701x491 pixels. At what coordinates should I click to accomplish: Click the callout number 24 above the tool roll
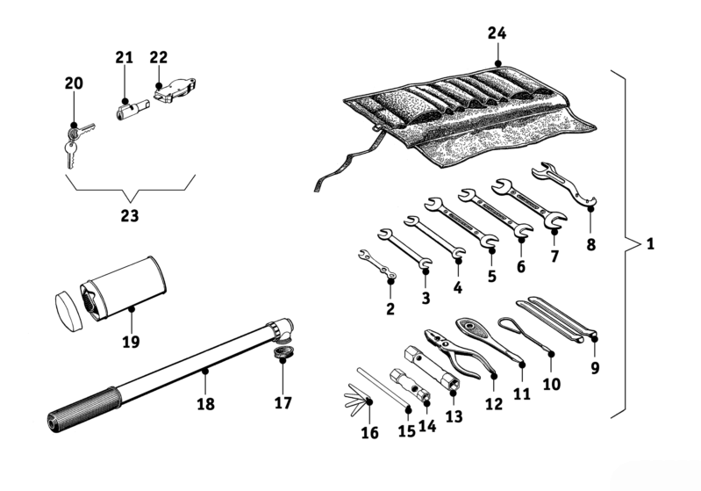497,33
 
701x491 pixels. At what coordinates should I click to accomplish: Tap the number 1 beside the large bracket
650,243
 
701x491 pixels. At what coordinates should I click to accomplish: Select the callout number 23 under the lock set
130,213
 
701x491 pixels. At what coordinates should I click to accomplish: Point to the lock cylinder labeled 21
129,110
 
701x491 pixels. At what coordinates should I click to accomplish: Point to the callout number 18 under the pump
205,404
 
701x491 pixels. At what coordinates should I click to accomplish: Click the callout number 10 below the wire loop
551,384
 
